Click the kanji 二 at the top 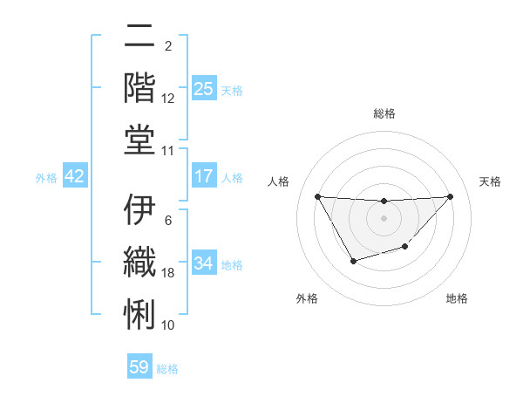[140, 37]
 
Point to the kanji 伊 [140, 210]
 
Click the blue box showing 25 [203, 89]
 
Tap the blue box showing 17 [203, 176]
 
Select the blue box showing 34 [203, 263]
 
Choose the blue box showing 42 [74, 176]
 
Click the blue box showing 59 [139, 367]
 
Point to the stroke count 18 [168, 273]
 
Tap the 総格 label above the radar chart [384, 113]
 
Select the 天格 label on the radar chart [491, 181]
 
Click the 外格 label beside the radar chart [307, 298]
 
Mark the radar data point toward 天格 [450, 196]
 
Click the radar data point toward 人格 [317, 196]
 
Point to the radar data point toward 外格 [353, 261]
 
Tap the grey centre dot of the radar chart [384, 218]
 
